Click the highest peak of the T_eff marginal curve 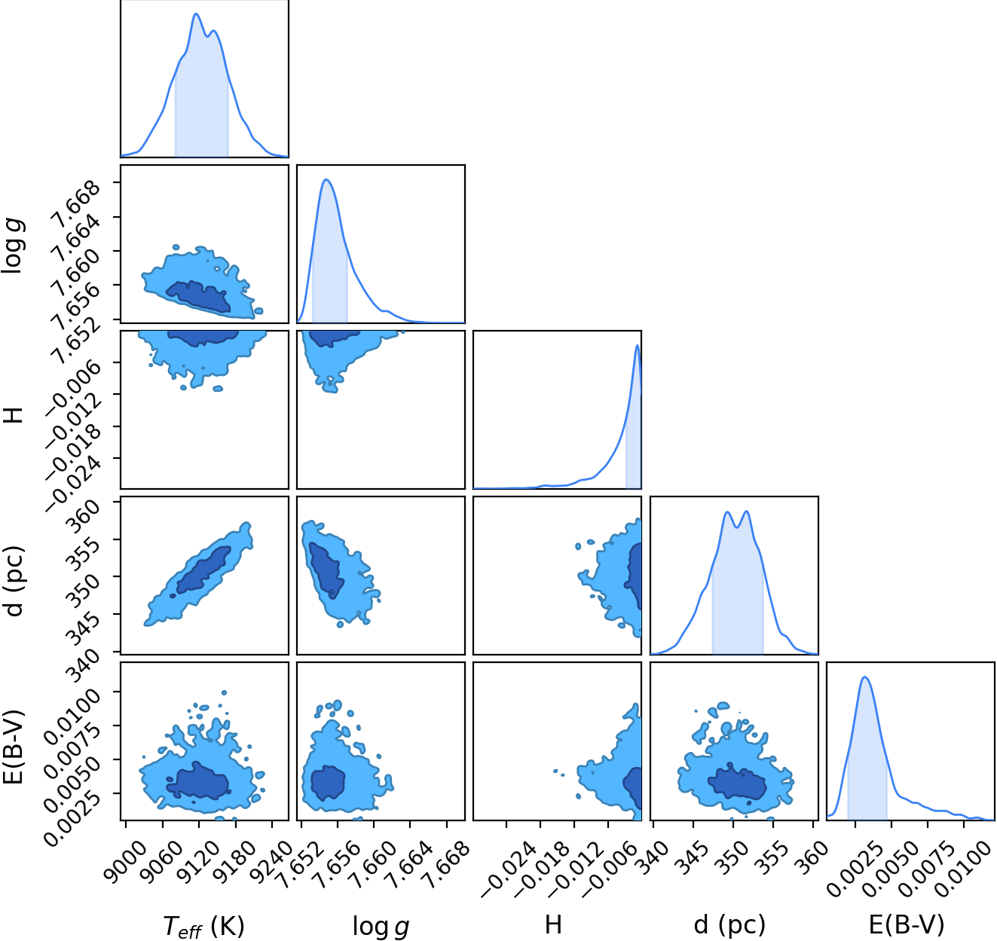pyautogui.click(x=196, y=14)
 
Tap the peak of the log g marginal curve pyautogui.click(x=326, y=179)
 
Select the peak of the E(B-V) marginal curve pyautogui.click(x=864, y=677)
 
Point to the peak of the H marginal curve pyautogui.click(x=638, y=345)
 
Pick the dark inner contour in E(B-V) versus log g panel pyautogui.click(x=327, y=782)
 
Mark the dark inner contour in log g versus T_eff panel pyautogui.click(x=199, y=296)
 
